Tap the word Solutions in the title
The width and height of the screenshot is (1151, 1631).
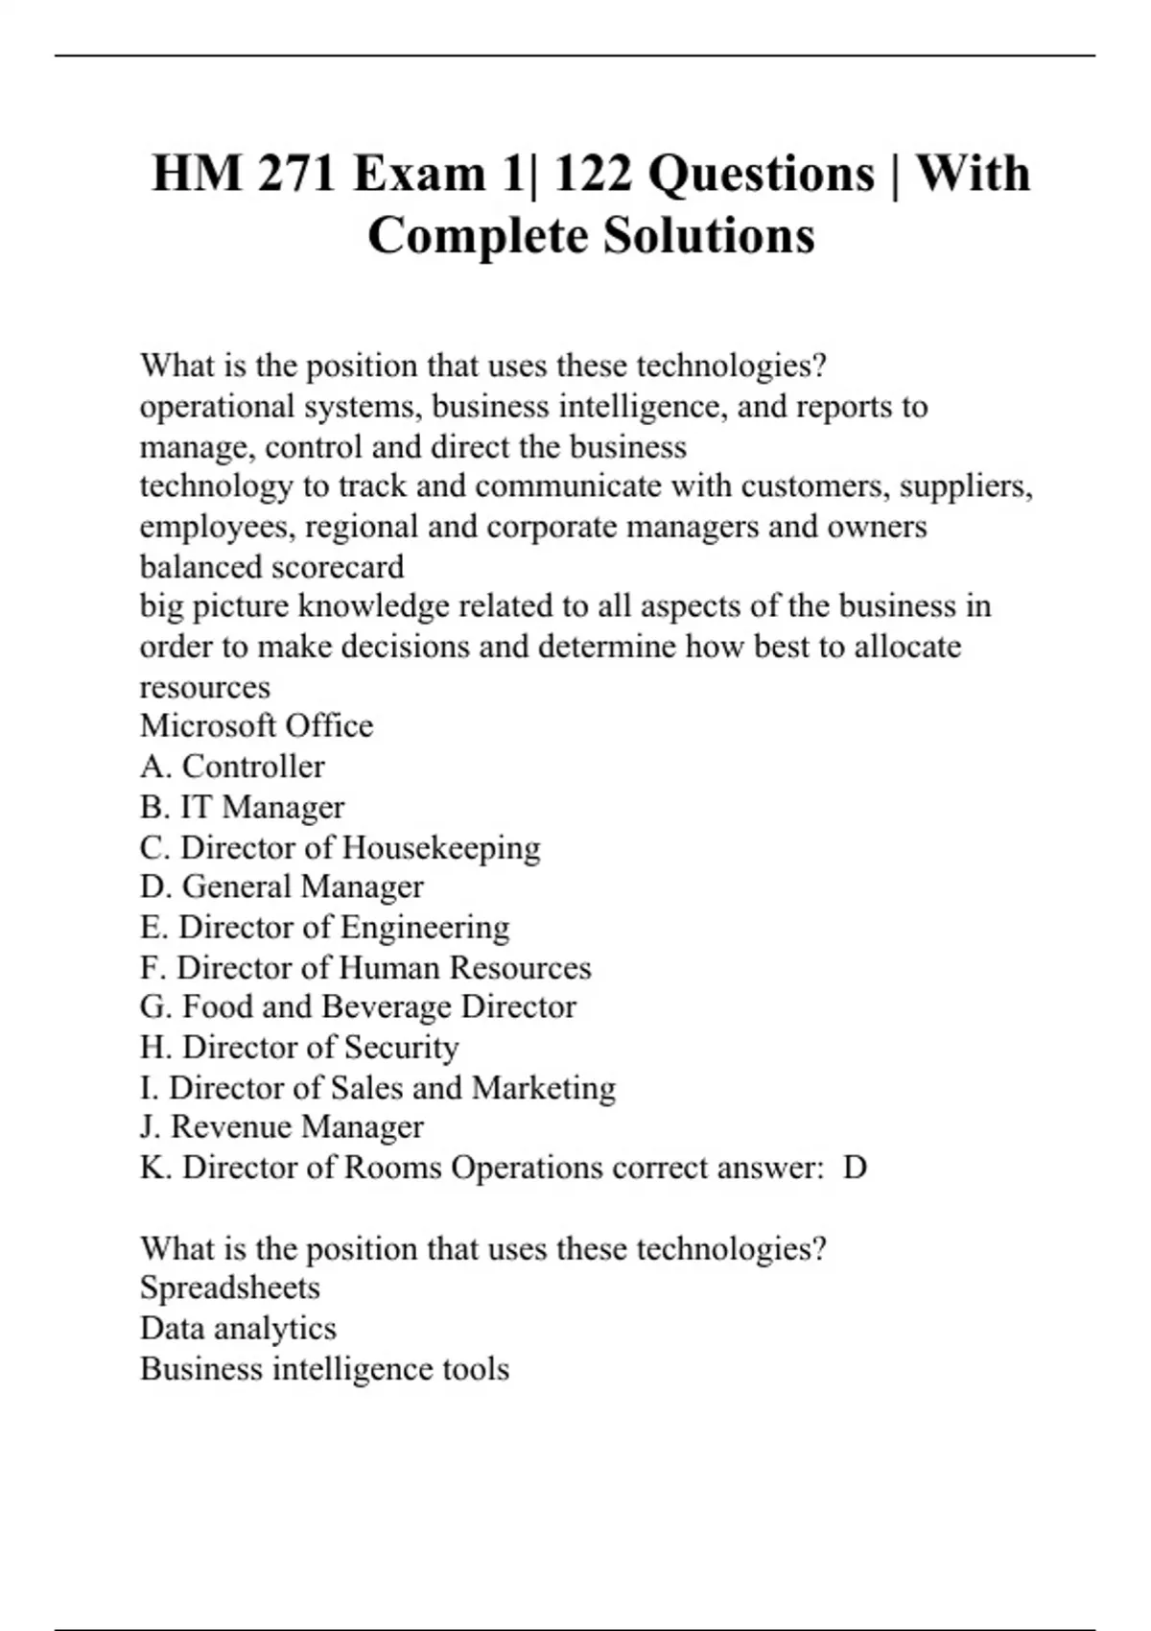(x=709, y=236)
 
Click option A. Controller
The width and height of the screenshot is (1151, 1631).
(x=232, y=767)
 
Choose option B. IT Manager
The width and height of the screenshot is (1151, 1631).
(x=242, y=807)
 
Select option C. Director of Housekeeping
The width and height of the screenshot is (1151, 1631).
(x=341, y=847)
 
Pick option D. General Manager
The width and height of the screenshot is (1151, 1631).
(x=282, y=886)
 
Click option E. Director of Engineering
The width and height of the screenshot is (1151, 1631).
(x=325, y=927)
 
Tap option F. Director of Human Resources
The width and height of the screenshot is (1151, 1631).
(x=365, y=967)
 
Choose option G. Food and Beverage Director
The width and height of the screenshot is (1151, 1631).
(x=358, y=1006)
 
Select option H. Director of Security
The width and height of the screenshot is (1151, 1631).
(x=299, y=1047)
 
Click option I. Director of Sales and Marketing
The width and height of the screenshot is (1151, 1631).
(x=378, y=1087)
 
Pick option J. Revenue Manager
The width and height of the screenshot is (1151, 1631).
(x=282, y=1126)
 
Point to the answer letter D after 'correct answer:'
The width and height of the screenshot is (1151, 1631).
(x=855, y=1168)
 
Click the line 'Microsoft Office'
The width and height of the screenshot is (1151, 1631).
(x=256, y=725)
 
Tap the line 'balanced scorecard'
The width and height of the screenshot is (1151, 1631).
(x=271, y=566)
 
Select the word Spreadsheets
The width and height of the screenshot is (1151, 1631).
(x=230, y=1288)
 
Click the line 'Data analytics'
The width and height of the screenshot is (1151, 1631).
(x=238, y=1328)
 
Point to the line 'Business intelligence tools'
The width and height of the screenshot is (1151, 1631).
(x=324, y=1368)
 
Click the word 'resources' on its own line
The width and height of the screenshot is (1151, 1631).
(x=205, y=687)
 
